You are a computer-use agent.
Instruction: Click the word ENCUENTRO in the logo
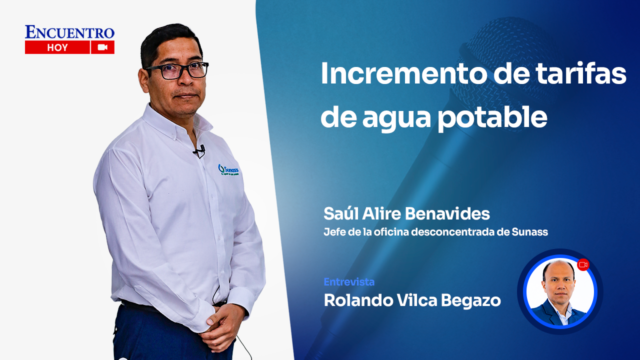(69, 32)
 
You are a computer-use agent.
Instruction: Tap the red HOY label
(57, 47)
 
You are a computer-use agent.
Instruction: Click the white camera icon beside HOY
(103, 47)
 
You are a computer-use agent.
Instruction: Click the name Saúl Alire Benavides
(406, 214)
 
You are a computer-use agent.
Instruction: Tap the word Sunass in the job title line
(530, 232)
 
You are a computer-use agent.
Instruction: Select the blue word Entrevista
(349, 282)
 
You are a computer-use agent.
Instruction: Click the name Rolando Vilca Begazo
(412, 300)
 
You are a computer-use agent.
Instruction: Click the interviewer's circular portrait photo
(559, 292)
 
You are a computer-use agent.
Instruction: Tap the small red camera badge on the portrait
(583, 264)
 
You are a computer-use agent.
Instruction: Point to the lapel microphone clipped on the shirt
(200, 150)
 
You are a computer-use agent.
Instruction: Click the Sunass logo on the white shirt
(228, 170)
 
